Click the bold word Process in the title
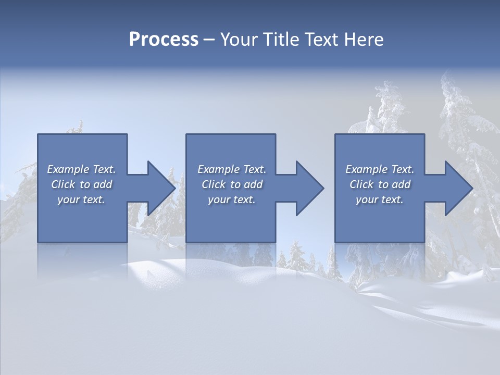164,40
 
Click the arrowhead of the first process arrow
161,188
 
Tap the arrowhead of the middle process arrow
310,188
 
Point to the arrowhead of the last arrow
459,188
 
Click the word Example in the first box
68,169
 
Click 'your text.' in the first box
81,199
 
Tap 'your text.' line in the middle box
232,199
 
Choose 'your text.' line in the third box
380,199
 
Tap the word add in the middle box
253,184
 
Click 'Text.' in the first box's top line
104,169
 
